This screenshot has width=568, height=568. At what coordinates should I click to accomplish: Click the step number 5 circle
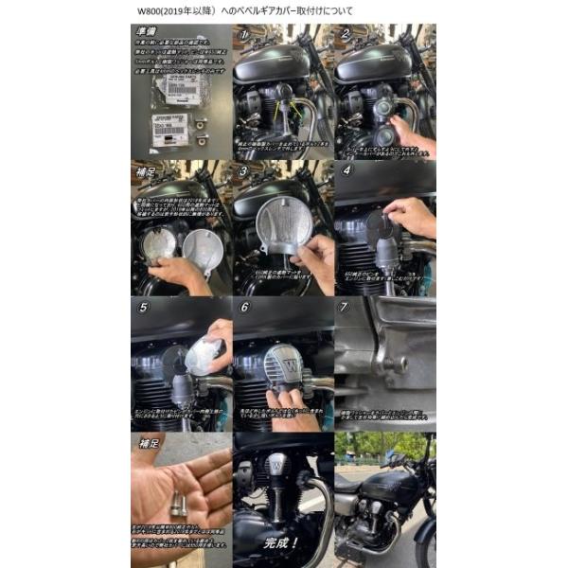(x=143, y=308)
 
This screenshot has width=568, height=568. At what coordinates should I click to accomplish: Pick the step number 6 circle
(x=245, y=308)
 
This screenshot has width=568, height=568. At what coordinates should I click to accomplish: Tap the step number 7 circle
(x=346, y=308)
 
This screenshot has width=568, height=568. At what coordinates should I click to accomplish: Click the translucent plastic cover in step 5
(x=203, y=356)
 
